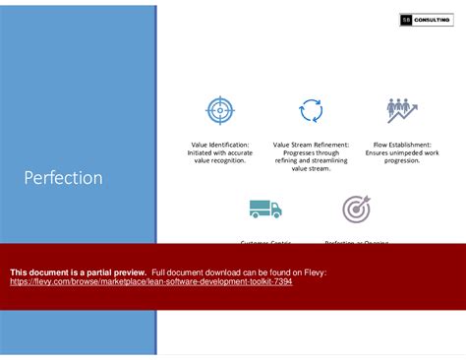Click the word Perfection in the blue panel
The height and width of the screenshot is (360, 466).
click(63, 178)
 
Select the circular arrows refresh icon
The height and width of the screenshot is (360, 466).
click(311, 110)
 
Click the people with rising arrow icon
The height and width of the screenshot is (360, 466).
click(402, 109)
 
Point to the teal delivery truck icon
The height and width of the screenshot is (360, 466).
click(264, 208)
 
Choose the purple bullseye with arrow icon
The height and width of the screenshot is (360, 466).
click(356, 208)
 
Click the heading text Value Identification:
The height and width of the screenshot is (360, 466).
click(220, 145)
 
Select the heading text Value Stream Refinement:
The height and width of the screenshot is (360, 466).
click(311, 145)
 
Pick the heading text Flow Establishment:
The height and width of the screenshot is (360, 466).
click(402, 145)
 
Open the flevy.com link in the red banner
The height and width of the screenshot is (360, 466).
click(150, 281)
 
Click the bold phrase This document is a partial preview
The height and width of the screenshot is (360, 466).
click(78, 271)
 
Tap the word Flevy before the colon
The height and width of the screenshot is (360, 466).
click(314, 271)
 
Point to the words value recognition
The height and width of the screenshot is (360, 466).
click(220, 160)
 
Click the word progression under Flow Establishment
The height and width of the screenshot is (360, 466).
click(402, 160)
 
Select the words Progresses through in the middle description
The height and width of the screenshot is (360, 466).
click(311, 152)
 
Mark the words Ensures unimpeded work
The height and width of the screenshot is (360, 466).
click(402, 152)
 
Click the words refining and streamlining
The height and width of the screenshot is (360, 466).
click(311, 160)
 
